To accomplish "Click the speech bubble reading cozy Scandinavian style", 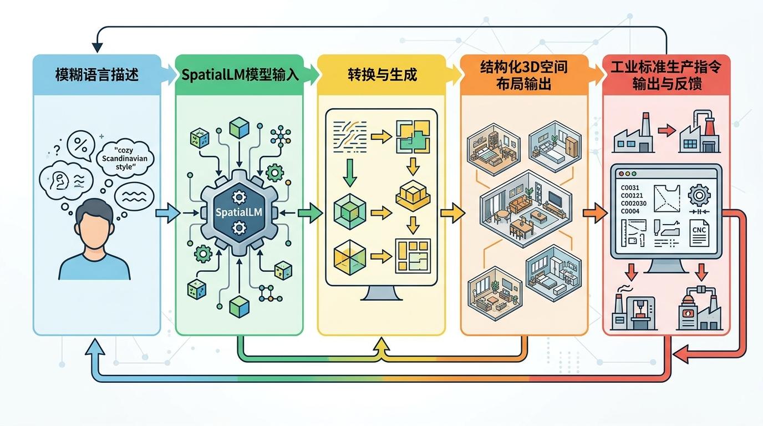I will (x=125, y=159).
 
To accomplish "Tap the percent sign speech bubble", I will (x=81, y=146).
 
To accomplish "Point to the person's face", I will (x=94, y=230).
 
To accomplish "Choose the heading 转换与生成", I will (x=382, y=74).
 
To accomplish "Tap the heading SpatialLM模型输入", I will (x=240, y=74).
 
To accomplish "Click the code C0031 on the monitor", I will (x=630, y=188).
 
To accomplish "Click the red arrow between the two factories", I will (x=666, y=131).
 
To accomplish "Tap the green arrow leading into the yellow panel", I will (x=310, y=212).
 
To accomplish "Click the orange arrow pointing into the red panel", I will (x=595, y=212).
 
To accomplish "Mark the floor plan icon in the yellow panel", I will (x=412, y=255).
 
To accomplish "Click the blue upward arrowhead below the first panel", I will (x=96, y=347).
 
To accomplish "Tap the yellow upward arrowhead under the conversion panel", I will (x=381, y=347).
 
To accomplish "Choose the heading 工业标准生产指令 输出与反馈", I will (x=665, y=76).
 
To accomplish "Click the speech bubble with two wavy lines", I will (x=134, y=196).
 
